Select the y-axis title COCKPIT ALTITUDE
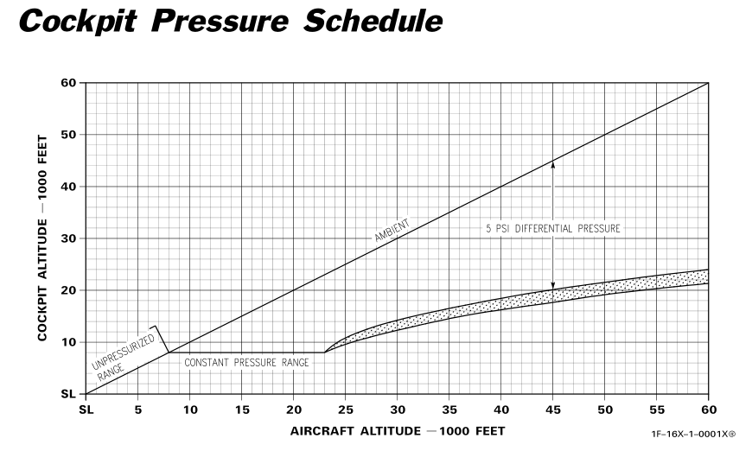pyautogui.click(x=42, y=238)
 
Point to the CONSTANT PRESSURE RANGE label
pyautogui.click(x=246, y=363)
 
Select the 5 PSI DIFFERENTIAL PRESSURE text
pyautogui.click(x=553, y=229)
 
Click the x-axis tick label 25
pyautogui.click(x=346, y=409)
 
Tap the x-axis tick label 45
pyautogui.click(x=553, y=409)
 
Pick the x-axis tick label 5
pyautogui.click(x=138, y=409)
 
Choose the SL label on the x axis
pyautogui.click(x=86, y=409)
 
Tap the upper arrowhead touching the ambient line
pyautogui.click(x=553, y=164)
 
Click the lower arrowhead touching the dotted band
pyautogui.click(x=553, y=286)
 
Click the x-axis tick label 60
pyautogui.click(x=709, y=409)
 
